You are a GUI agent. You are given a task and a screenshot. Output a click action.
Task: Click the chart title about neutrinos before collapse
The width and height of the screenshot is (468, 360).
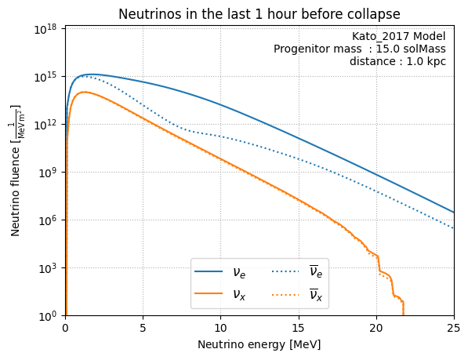pos(259,14)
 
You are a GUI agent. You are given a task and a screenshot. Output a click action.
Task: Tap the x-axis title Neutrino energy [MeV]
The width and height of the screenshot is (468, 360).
pos(259,344)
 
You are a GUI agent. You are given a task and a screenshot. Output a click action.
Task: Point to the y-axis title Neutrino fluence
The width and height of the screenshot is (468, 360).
pos(15,170)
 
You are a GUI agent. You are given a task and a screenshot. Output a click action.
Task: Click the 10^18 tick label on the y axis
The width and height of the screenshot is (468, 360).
pos(45,29)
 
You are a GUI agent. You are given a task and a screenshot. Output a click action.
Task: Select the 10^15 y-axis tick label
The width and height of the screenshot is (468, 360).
pos(45,77)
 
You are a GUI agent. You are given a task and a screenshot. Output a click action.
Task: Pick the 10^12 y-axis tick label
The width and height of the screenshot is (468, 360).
pos(45,125)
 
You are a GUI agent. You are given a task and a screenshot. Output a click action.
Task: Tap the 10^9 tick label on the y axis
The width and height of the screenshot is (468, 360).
pos(48,173)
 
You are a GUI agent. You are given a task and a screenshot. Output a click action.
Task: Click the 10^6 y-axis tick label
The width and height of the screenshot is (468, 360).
pos(48,220)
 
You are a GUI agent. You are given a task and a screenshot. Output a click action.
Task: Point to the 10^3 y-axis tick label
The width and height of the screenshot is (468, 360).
pos(48,269)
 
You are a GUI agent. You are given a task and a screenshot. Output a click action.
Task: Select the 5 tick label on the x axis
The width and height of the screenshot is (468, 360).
pos(143,328)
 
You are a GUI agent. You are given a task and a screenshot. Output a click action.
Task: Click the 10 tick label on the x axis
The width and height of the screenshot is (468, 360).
pos(220,328)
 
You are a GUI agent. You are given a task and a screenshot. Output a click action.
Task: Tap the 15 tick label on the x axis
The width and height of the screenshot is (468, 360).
pos(299,328)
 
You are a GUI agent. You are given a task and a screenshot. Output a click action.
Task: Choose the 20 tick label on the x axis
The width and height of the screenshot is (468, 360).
pos(376,328)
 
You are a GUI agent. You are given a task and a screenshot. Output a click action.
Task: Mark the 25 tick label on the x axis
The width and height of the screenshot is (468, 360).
pos(454,328)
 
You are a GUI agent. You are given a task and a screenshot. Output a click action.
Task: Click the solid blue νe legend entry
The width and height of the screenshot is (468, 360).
pos(220,271)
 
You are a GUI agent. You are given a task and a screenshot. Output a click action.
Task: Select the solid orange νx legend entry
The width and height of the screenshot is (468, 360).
pos(220,295)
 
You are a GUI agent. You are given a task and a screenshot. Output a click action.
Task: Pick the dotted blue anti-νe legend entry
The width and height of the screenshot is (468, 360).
pos(297,271)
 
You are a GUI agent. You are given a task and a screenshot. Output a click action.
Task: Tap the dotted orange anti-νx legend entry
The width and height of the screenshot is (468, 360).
pos(297,294)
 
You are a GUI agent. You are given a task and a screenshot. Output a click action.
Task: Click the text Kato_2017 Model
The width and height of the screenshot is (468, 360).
pos(399,36)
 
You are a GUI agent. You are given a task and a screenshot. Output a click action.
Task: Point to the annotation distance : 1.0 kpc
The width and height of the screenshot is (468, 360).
pos(398,61)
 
